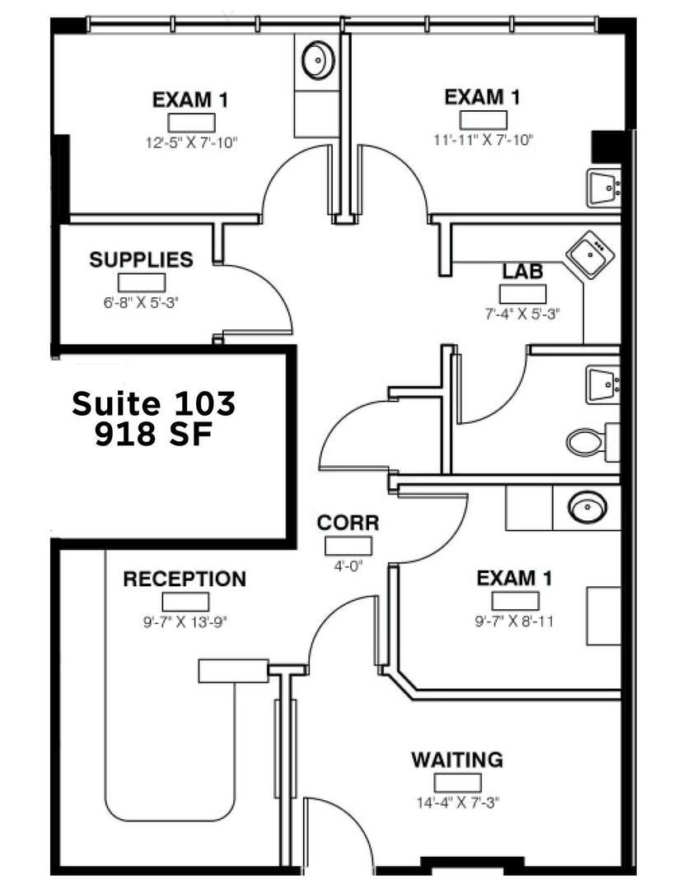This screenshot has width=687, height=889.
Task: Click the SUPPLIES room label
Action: coord(141,259)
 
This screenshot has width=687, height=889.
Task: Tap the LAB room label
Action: coord(522,272)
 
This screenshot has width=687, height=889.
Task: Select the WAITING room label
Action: coord(457,760)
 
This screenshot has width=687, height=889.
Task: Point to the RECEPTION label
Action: coord(185,579)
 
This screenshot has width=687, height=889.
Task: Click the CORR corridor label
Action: coord(348,523)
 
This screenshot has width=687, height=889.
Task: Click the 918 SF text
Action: coord(154,435)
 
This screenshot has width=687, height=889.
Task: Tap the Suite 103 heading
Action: coord(154,403)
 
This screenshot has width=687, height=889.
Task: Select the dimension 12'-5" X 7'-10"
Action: coord(191,142)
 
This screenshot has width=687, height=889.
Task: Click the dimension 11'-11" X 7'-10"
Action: coord(483,139)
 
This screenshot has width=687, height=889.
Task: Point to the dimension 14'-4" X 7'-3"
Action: coord(457,803)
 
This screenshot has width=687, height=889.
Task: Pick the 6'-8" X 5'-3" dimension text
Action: coord(141,303)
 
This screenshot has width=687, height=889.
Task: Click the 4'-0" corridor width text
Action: coord(348,566)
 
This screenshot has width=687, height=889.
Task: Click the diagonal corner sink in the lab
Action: coord(591,254)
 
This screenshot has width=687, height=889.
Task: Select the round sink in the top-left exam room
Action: coord(318,59)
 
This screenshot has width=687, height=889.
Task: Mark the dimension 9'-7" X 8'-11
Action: coord(514,621)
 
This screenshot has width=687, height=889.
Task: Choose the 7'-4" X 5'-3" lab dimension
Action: coord(522,314)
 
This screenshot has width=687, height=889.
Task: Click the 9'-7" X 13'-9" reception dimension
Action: coord(185,622)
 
